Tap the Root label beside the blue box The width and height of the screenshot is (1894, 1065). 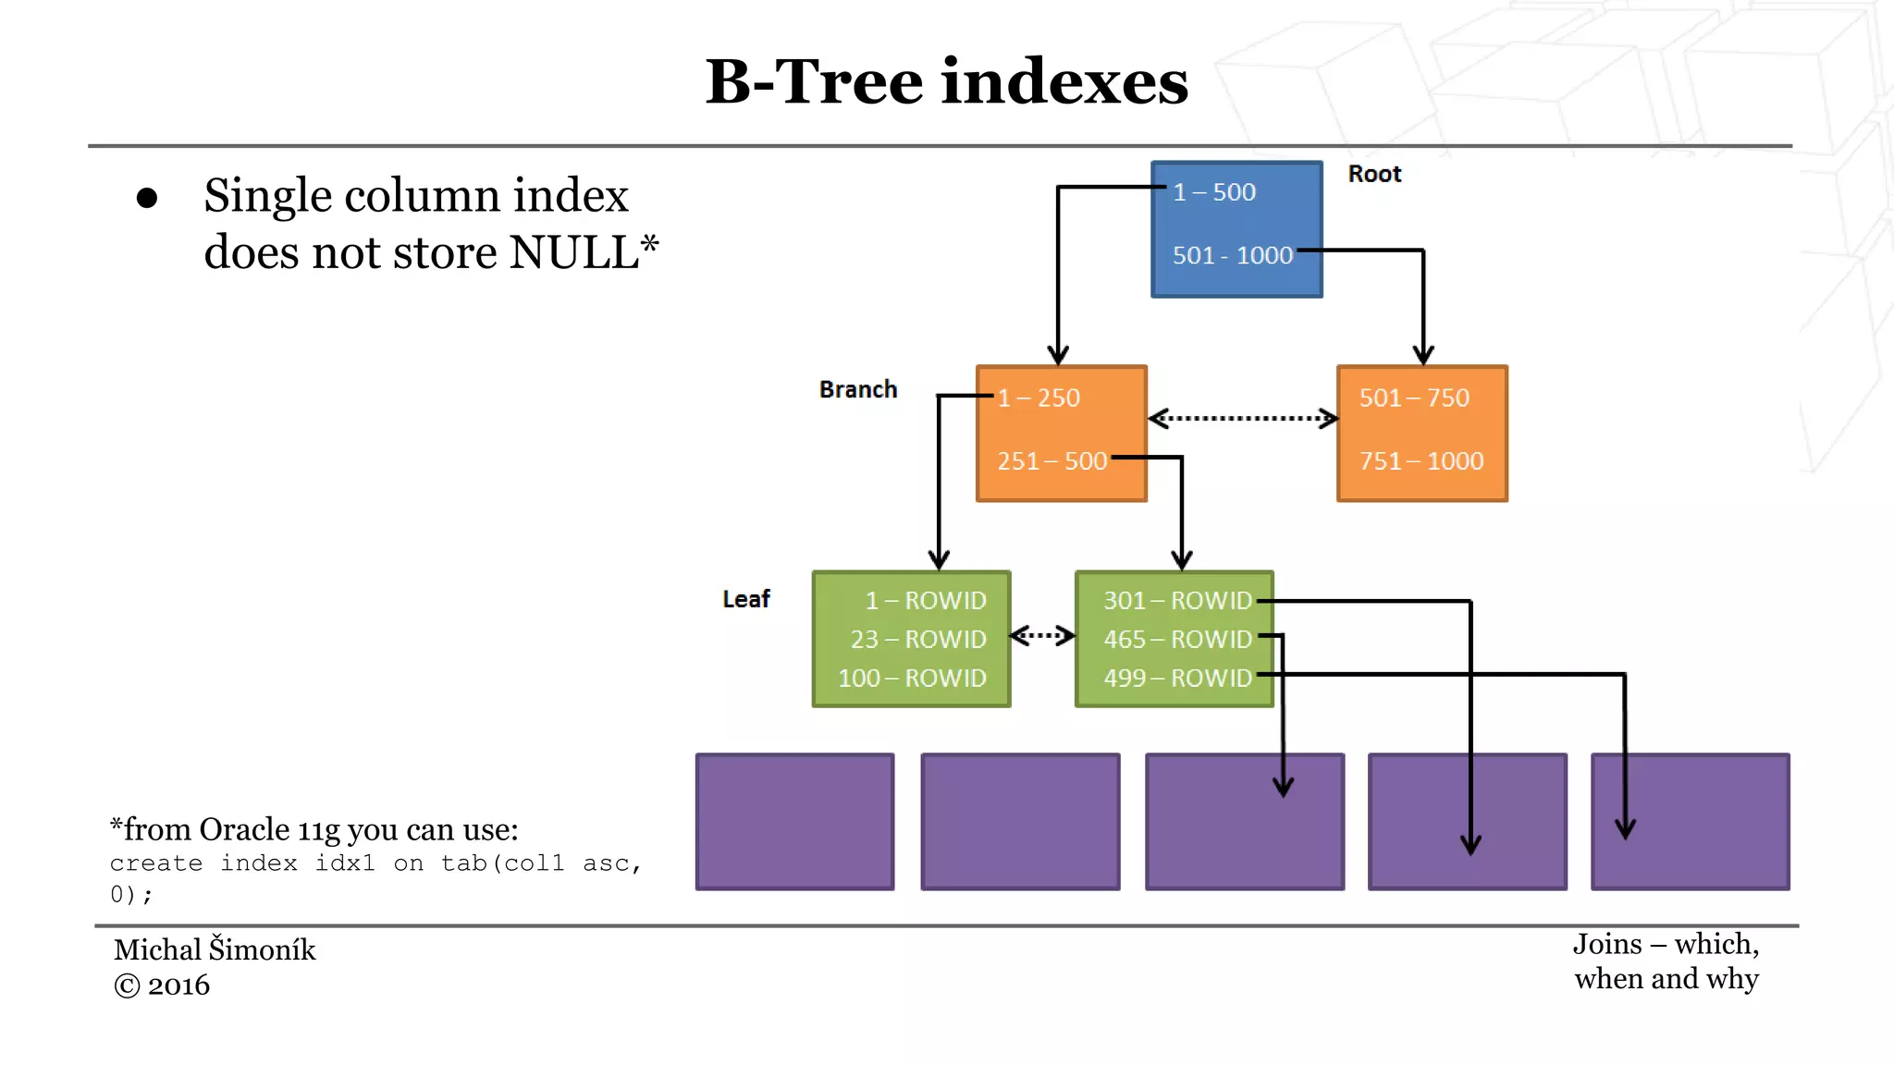pyautogui.click(x=1374, y=174)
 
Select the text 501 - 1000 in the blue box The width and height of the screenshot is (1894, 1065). pyautogui.click(x=1232, y=255)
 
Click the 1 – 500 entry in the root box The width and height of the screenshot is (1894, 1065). pyautogui.click(x=1214, y=192)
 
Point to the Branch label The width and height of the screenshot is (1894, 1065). pyautogui.click(x=857, y=389)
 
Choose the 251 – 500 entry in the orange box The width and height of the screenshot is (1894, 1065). pyautogui.click(x=1052, y=460)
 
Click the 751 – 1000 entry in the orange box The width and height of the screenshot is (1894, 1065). pyautogui.click(x=1420, y=460)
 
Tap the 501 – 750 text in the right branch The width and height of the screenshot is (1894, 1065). pyautogui.click(x=1413, y=398)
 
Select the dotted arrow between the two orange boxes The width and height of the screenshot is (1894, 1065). pyautogui.click(x=1242, y=419)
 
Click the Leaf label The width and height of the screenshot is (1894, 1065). pyautogui.click(x=745, y=599)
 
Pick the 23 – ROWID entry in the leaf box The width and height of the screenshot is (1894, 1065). pyautogui.click(x=917, y=639)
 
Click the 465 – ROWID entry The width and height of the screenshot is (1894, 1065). pyautogui.click(x=1176, y=639)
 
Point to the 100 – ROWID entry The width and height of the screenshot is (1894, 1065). pyautogui.click(x=912, y=678)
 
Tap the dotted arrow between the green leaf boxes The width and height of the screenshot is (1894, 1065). pyautogui.click(x=1042, y=635)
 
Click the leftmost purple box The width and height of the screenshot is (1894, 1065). pyautogui.click(x=794, y=821)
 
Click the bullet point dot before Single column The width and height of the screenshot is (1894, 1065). pyautogui.click(x=147, y=198)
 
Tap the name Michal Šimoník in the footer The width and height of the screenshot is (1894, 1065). pyautogui.click(x=215, y=949)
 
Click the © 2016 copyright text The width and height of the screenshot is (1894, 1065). pyautogui.click(x=162, y=985)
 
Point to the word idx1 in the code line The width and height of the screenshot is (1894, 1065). pyautogui.click(x=345, y=863)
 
